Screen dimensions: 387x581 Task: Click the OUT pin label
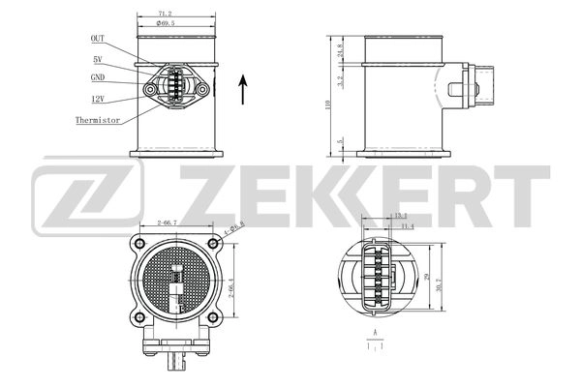click(98, 39)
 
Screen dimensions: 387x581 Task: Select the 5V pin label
click(98, 59)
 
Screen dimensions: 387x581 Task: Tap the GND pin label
click(98, 77)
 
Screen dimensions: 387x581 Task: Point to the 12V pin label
click(98, 99)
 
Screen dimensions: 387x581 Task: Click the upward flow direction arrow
click(242, 91)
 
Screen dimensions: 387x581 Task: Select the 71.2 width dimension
click(176, 15)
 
